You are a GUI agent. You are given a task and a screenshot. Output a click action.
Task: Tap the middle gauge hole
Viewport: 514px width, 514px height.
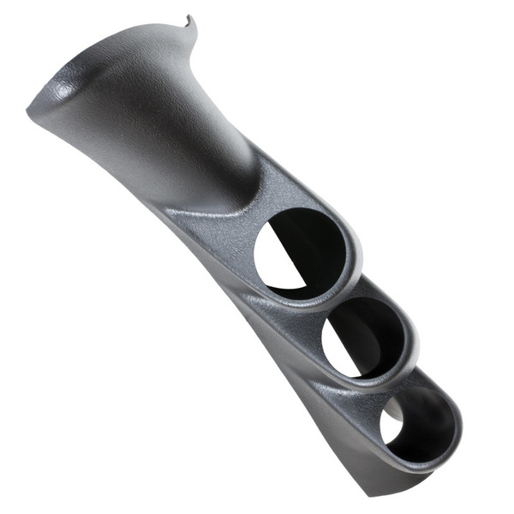click(364, 338)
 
